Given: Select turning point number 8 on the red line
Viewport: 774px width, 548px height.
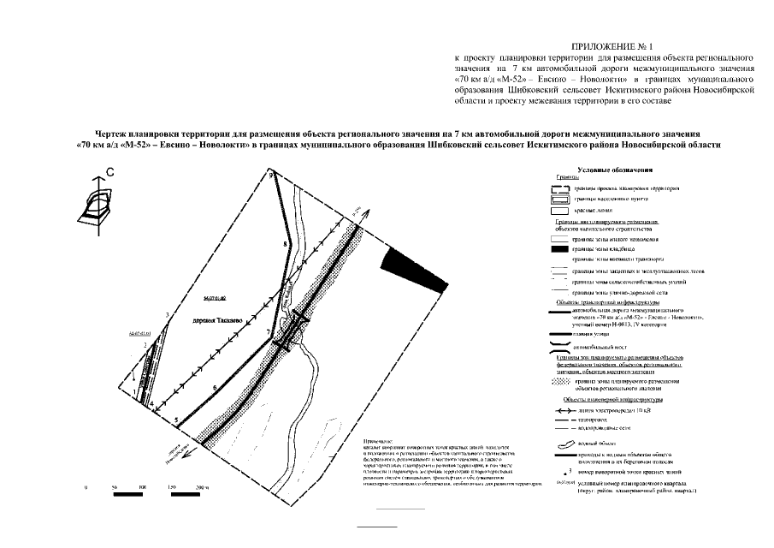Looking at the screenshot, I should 283,246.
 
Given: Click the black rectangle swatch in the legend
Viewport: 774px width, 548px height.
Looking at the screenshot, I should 559,249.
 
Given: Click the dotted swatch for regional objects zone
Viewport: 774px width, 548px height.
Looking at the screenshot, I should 559,383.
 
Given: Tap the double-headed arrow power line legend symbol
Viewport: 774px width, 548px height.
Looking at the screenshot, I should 560,410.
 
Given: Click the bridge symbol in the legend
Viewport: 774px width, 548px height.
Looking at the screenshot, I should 559,348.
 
